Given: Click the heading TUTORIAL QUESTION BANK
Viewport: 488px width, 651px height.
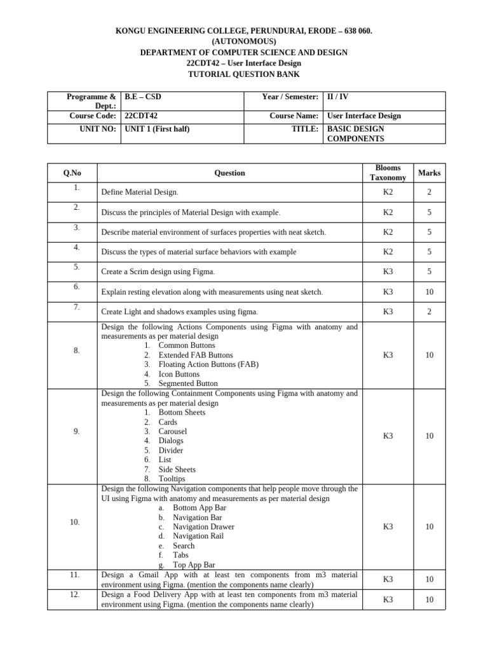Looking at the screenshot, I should point(244,74).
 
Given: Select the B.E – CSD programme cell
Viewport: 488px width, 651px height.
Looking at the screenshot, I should point(143,97).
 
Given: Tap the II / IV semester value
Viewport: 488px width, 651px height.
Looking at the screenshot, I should point(337,97).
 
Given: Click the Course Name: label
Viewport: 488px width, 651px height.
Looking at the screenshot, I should point(294,116).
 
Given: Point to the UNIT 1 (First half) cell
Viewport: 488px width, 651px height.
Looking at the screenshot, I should point(157,129).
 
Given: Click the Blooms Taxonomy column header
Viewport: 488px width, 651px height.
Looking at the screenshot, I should point(388,173).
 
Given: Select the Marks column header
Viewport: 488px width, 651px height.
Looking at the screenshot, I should point(429,173).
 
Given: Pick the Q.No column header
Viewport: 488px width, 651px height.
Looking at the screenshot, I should point(72,173).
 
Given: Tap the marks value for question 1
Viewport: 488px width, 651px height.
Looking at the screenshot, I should point(429,192).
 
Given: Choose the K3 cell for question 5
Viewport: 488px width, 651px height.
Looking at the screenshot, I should point(388,271).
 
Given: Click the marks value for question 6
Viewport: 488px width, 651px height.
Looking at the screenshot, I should point(429,292).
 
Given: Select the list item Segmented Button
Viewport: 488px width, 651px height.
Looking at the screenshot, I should point(187,384).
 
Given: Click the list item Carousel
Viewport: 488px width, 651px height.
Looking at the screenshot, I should point(173,432).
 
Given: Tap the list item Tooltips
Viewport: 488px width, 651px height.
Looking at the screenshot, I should point(172,479).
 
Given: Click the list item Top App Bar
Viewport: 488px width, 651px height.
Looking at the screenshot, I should point(194,565).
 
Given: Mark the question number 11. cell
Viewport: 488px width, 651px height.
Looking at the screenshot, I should point(74,575).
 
